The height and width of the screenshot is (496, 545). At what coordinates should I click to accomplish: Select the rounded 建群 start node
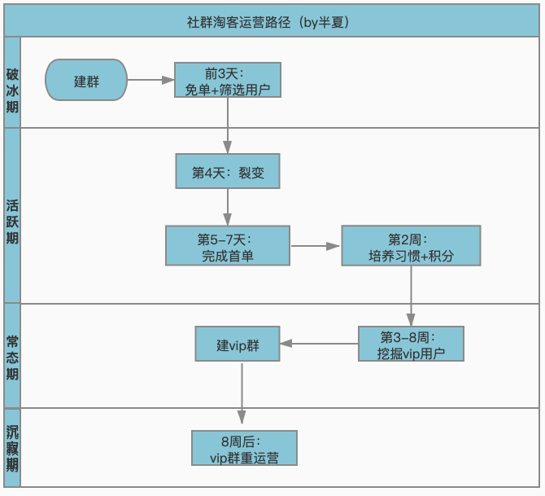(86, 81)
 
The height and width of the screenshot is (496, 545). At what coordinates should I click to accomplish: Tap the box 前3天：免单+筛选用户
(228, 81)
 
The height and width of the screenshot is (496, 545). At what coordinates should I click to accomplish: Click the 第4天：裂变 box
(227, 172)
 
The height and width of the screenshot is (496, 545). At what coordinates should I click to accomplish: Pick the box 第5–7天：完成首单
(228, 246)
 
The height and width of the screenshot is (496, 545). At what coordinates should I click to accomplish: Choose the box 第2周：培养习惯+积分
(411, 246)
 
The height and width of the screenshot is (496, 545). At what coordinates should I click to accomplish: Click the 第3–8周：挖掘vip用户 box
(411, 344)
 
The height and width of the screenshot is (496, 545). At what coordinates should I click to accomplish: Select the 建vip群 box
(238, 344)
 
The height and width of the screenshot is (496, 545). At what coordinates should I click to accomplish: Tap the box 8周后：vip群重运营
(244, 448)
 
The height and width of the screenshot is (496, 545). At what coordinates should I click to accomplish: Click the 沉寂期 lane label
(12, 448)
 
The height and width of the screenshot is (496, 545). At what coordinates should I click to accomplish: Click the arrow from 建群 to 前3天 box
(150, 81)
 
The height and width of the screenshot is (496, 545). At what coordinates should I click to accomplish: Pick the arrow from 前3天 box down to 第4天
(227, 126)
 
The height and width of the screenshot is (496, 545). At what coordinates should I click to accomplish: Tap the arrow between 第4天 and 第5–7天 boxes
(227, 207)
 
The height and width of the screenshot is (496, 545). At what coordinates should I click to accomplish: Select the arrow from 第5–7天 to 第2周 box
(316, 246)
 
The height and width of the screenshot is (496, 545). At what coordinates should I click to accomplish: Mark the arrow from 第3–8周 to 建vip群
(320, 344)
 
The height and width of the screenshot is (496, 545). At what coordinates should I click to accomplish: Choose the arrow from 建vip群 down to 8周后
(242, 395)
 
